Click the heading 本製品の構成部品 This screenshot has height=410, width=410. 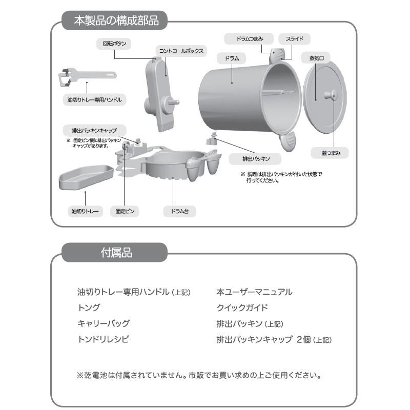coord(116,22)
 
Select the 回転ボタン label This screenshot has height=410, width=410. coord(114,44)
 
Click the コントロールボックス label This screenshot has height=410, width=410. coord(181,51)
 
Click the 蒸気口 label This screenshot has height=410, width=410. coord(316,58)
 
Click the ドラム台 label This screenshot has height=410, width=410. coord(172,211)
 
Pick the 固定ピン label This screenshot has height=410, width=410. coord(125,211)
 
